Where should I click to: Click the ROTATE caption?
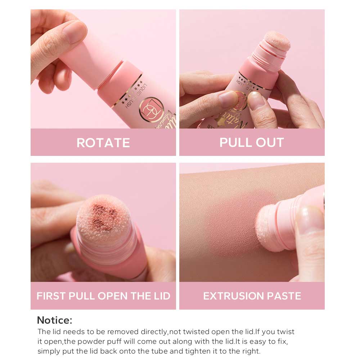point(103,143)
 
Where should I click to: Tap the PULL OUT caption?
point(252,142)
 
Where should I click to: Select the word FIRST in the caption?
point(49,296)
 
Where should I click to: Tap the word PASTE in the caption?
point(283,296)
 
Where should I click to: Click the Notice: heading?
point(55,320)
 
